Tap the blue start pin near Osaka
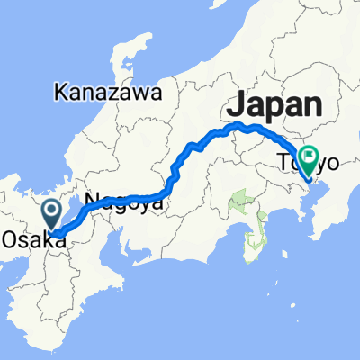point(52,214)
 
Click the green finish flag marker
point(309,161)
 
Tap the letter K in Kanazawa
point(59,92)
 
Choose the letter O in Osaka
point(9,239)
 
